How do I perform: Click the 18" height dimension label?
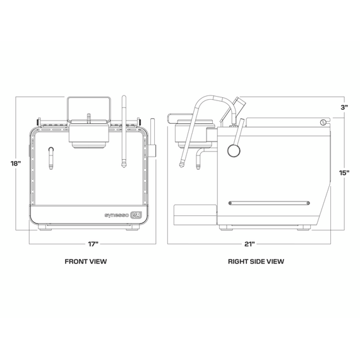pyautogui.click(x=16, y=164)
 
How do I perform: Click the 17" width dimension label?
pyautogui.click(x=93, y=244)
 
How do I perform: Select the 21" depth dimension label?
pyautogui.click(x=250, y=244)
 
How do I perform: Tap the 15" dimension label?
pyautogui.click(x=344, y=172)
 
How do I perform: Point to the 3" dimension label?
pyautogui.click(x=344, y=107)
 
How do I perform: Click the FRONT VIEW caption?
pyautogui.click(x=86, y=261)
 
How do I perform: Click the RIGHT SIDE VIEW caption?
pyautogui.click(x=256, y=261)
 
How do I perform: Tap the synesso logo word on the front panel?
pyautogui.click(x=117, y=215)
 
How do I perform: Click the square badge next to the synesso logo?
pyautogui.click(x=136, y=215)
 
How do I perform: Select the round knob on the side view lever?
pyautogui.click(x=234, y=150)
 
